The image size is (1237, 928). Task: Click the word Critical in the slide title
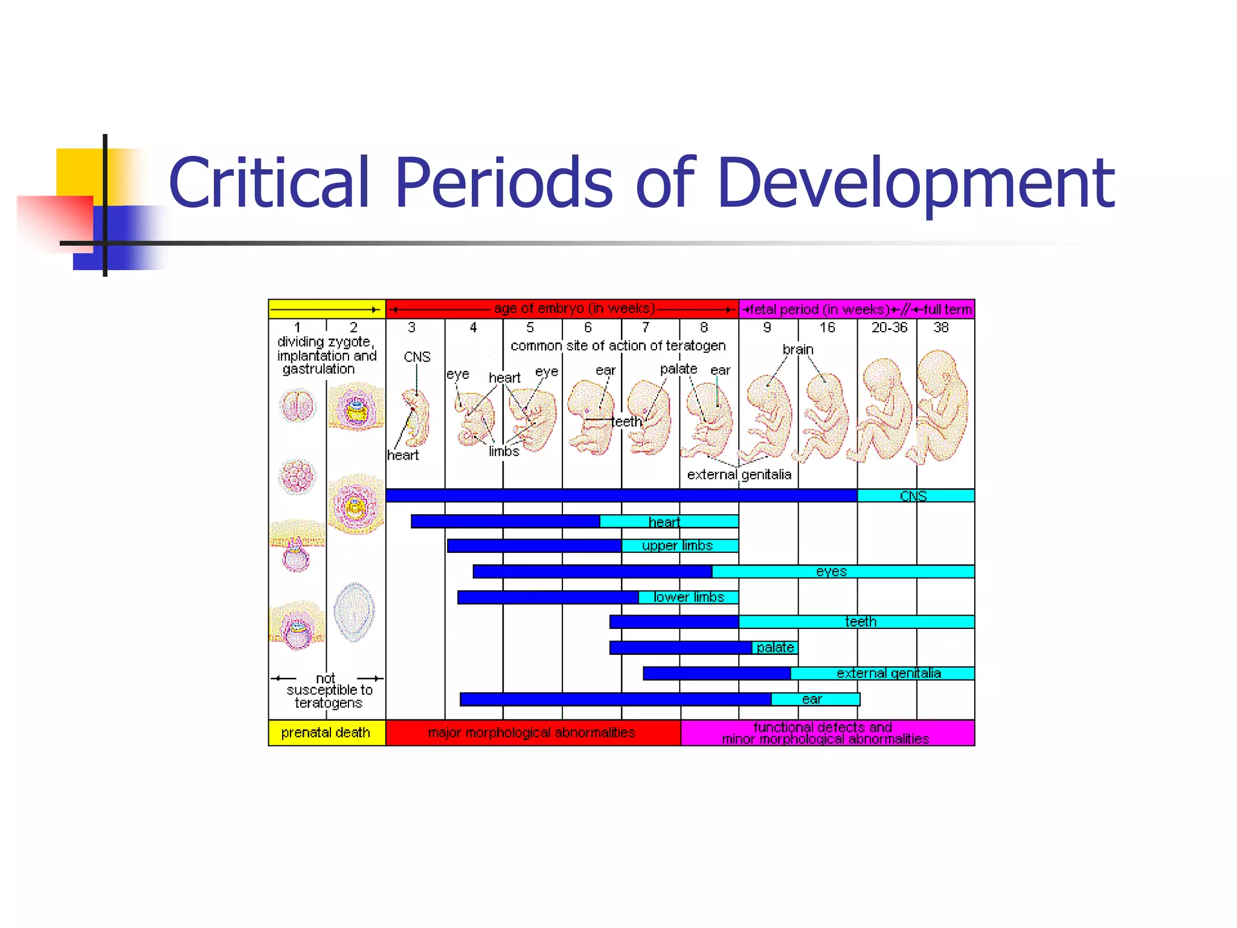[269, 182]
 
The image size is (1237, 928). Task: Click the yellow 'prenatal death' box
[326, 732]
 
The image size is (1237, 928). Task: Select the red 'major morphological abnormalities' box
[532, 732]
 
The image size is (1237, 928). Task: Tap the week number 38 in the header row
[940, 327]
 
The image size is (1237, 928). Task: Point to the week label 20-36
[888, 327]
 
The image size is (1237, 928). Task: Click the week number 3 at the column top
[411, 327]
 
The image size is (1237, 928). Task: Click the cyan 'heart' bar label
[664, 522]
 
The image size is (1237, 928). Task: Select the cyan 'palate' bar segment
[775, 648]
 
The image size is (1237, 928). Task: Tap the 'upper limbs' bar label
[677, 546]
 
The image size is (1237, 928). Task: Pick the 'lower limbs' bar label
[689, 598]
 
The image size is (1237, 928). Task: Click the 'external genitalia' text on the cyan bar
[888, 673]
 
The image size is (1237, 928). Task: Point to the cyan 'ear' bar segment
[812, 699]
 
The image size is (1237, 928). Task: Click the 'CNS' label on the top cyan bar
[913, 496]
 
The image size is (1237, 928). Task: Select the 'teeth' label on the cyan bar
[860, 622]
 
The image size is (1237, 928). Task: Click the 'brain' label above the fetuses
[798, 350]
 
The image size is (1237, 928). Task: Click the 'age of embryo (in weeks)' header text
[574, 309]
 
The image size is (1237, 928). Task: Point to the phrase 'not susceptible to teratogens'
[329, 691]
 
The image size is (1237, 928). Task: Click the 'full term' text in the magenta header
[947, 309]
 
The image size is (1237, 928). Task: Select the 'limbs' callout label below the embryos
[504, 451]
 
